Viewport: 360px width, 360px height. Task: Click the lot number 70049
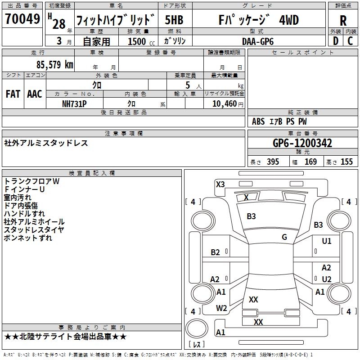22,19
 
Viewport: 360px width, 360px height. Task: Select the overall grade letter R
343,21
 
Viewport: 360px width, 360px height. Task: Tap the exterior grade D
335,40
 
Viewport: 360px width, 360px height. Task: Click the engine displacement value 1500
137,41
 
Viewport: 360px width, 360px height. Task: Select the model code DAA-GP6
257,41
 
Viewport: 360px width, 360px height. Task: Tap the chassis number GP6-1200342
302,143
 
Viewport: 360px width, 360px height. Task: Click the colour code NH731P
74,103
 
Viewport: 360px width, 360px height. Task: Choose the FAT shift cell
13,94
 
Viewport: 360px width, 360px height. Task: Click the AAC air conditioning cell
35,94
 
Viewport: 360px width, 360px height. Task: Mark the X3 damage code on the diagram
220,184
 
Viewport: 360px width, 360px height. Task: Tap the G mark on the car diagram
284,237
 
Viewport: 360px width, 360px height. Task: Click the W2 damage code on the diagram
221,308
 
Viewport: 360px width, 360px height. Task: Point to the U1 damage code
327,241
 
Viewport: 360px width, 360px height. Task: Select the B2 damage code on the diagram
216,252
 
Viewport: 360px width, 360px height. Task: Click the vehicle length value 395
273,162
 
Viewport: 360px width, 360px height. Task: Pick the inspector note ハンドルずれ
24,214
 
